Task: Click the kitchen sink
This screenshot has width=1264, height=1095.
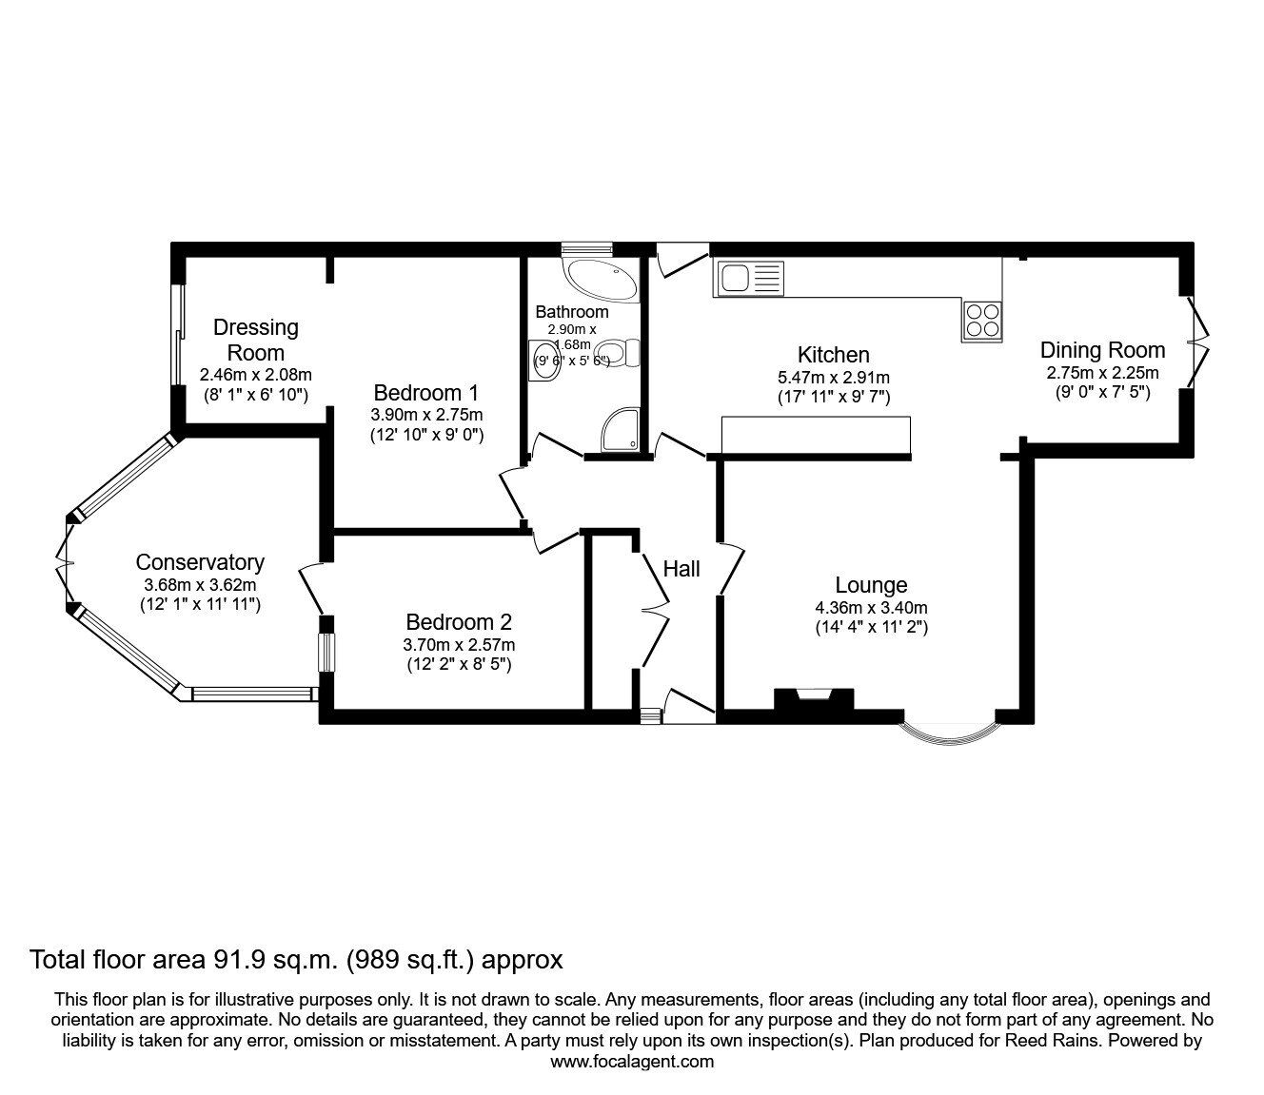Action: click(748, 279)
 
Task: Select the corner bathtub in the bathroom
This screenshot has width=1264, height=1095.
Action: click(601, 276)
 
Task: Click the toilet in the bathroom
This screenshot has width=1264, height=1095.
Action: click(623, 354)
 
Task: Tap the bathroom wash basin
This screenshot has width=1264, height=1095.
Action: click(543, 362)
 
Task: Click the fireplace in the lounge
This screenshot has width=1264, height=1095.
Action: click(813, 698)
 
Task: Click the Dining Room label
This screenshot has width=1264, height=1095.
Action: click(1102, 349)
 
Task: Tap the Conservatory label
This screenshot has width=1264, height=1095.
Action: click(200, 562)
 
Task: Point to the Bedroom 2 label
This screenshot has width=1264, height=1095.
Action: click(459, 622)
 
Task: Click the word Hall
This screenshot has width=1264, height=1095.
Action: click(681, 568)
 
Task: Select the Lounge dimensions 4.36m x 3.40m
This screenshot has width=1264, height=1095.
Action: click(871, 607)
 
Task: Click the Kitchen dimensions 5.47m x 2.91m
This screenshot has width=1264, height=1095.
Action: click(833, 377)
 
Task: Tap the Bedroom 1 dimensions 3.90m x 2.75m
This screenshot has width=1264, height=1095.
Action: click(427, 415)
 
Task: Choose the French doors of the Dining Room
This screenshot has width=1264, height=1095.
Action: click(1197, 341)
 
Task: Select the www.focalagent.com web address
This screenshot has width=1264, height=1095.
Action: click(632, 1061)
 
